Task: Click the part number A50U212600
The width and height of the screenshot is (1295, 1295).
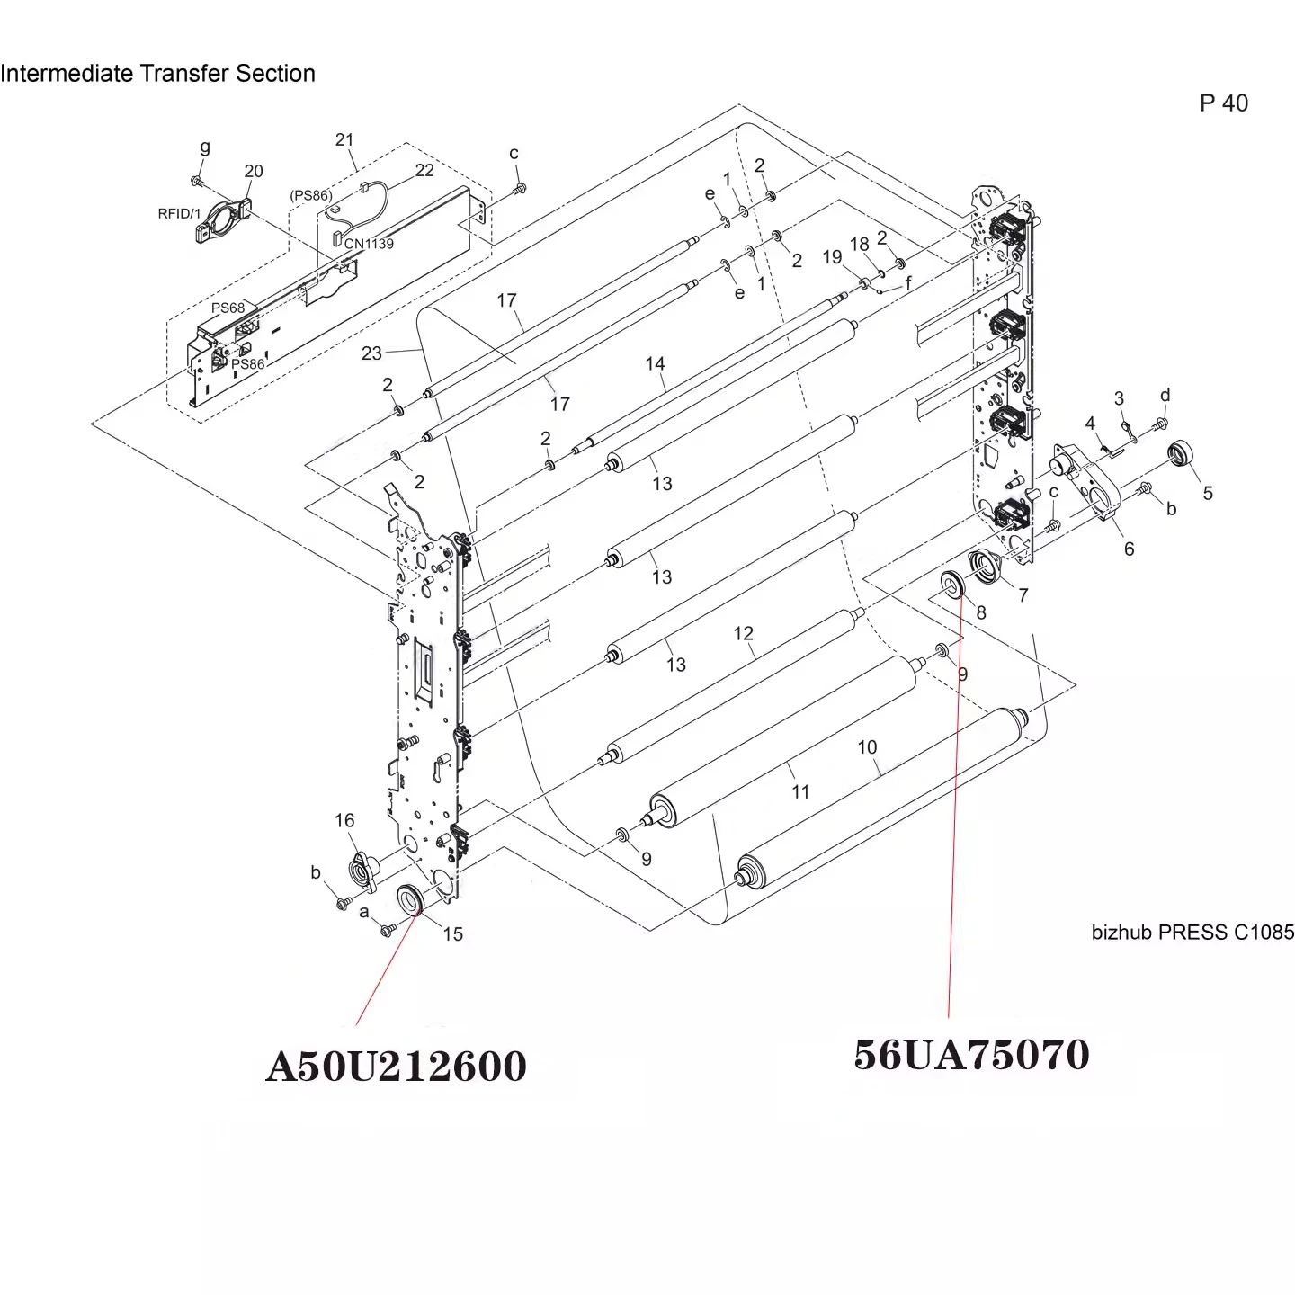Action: pos(396,1067)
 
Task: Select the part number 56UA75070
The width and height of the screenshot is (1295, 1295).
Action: pos(971,1054)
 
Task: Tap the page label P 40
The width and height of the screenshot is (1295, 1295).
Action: pos(1224,103)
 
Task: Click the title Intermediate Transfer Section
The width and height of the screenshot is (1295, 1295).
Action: pos(158,73)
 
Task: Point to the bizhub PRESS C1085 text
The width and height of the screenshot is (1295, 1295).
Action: pos(1192,932)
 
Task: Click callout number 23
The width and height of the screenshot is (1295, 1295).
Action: pos(371,353)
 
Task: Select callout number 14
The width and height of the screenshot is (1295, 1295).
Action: pos(656,363)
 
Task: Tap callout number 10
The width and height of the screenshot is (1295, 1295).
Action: pos(867,746)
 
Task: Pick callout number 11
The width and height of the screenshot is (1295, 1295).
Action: pos(799,791)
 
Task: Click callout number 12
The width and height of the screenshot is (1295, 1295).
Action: pos(743,633)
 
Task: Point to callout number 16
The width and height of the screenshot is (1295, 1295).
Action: pos(344,820)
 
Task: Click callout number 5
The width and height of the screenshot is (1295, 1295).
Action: pos(1208,493)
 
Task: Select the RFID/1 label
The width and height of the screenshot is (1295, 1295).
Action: pos(180,214)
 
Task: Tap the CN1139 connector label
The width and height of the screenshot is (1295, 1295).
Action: pos(369,244)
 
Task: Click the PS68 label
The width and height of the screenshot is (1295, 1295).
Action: pos(228,308)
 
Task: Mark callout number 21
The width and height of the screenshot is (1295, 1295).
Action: pos(344,139)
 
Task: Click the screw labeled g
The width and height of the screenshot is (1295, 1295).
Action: pos(197,180)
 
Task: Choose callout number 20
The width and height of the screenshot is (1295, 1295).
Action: pos(254,171)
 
